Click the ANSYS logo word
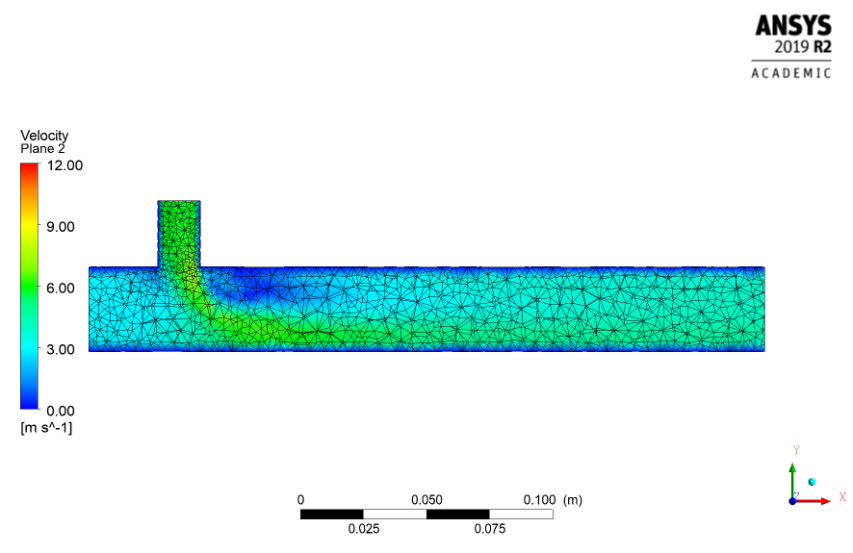(x=793, y=26)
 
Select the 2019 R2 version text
(x=803, y=47)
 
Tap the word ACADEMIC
(x=791, y=73)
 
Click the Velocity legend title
(x=44, y=136)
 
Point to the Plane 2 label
(x=43, y=149)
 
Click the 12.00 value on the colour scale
(x=65, y=165)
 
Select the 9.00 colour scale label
(x=61, y=227)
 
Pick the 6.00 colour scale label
(x=61, y=288)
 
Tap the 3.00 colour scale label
(x=61, y=349)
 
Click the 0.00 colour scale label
(x=61, y=411)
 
